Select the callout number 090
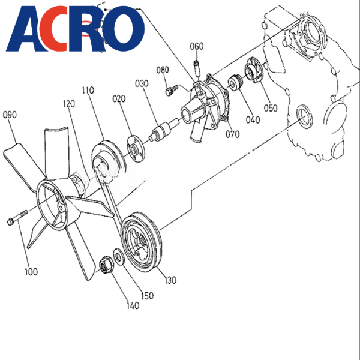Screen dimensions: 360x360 11,114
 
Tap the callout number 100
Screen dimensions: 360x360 31,272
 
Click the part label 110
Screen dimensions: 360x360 88,91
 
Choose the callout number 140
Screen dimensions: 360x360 133,305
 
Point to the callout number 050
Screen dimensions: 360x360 271,108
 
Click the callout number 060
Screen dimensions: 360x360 197,46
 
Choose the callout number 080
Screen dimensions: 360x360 163,70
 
